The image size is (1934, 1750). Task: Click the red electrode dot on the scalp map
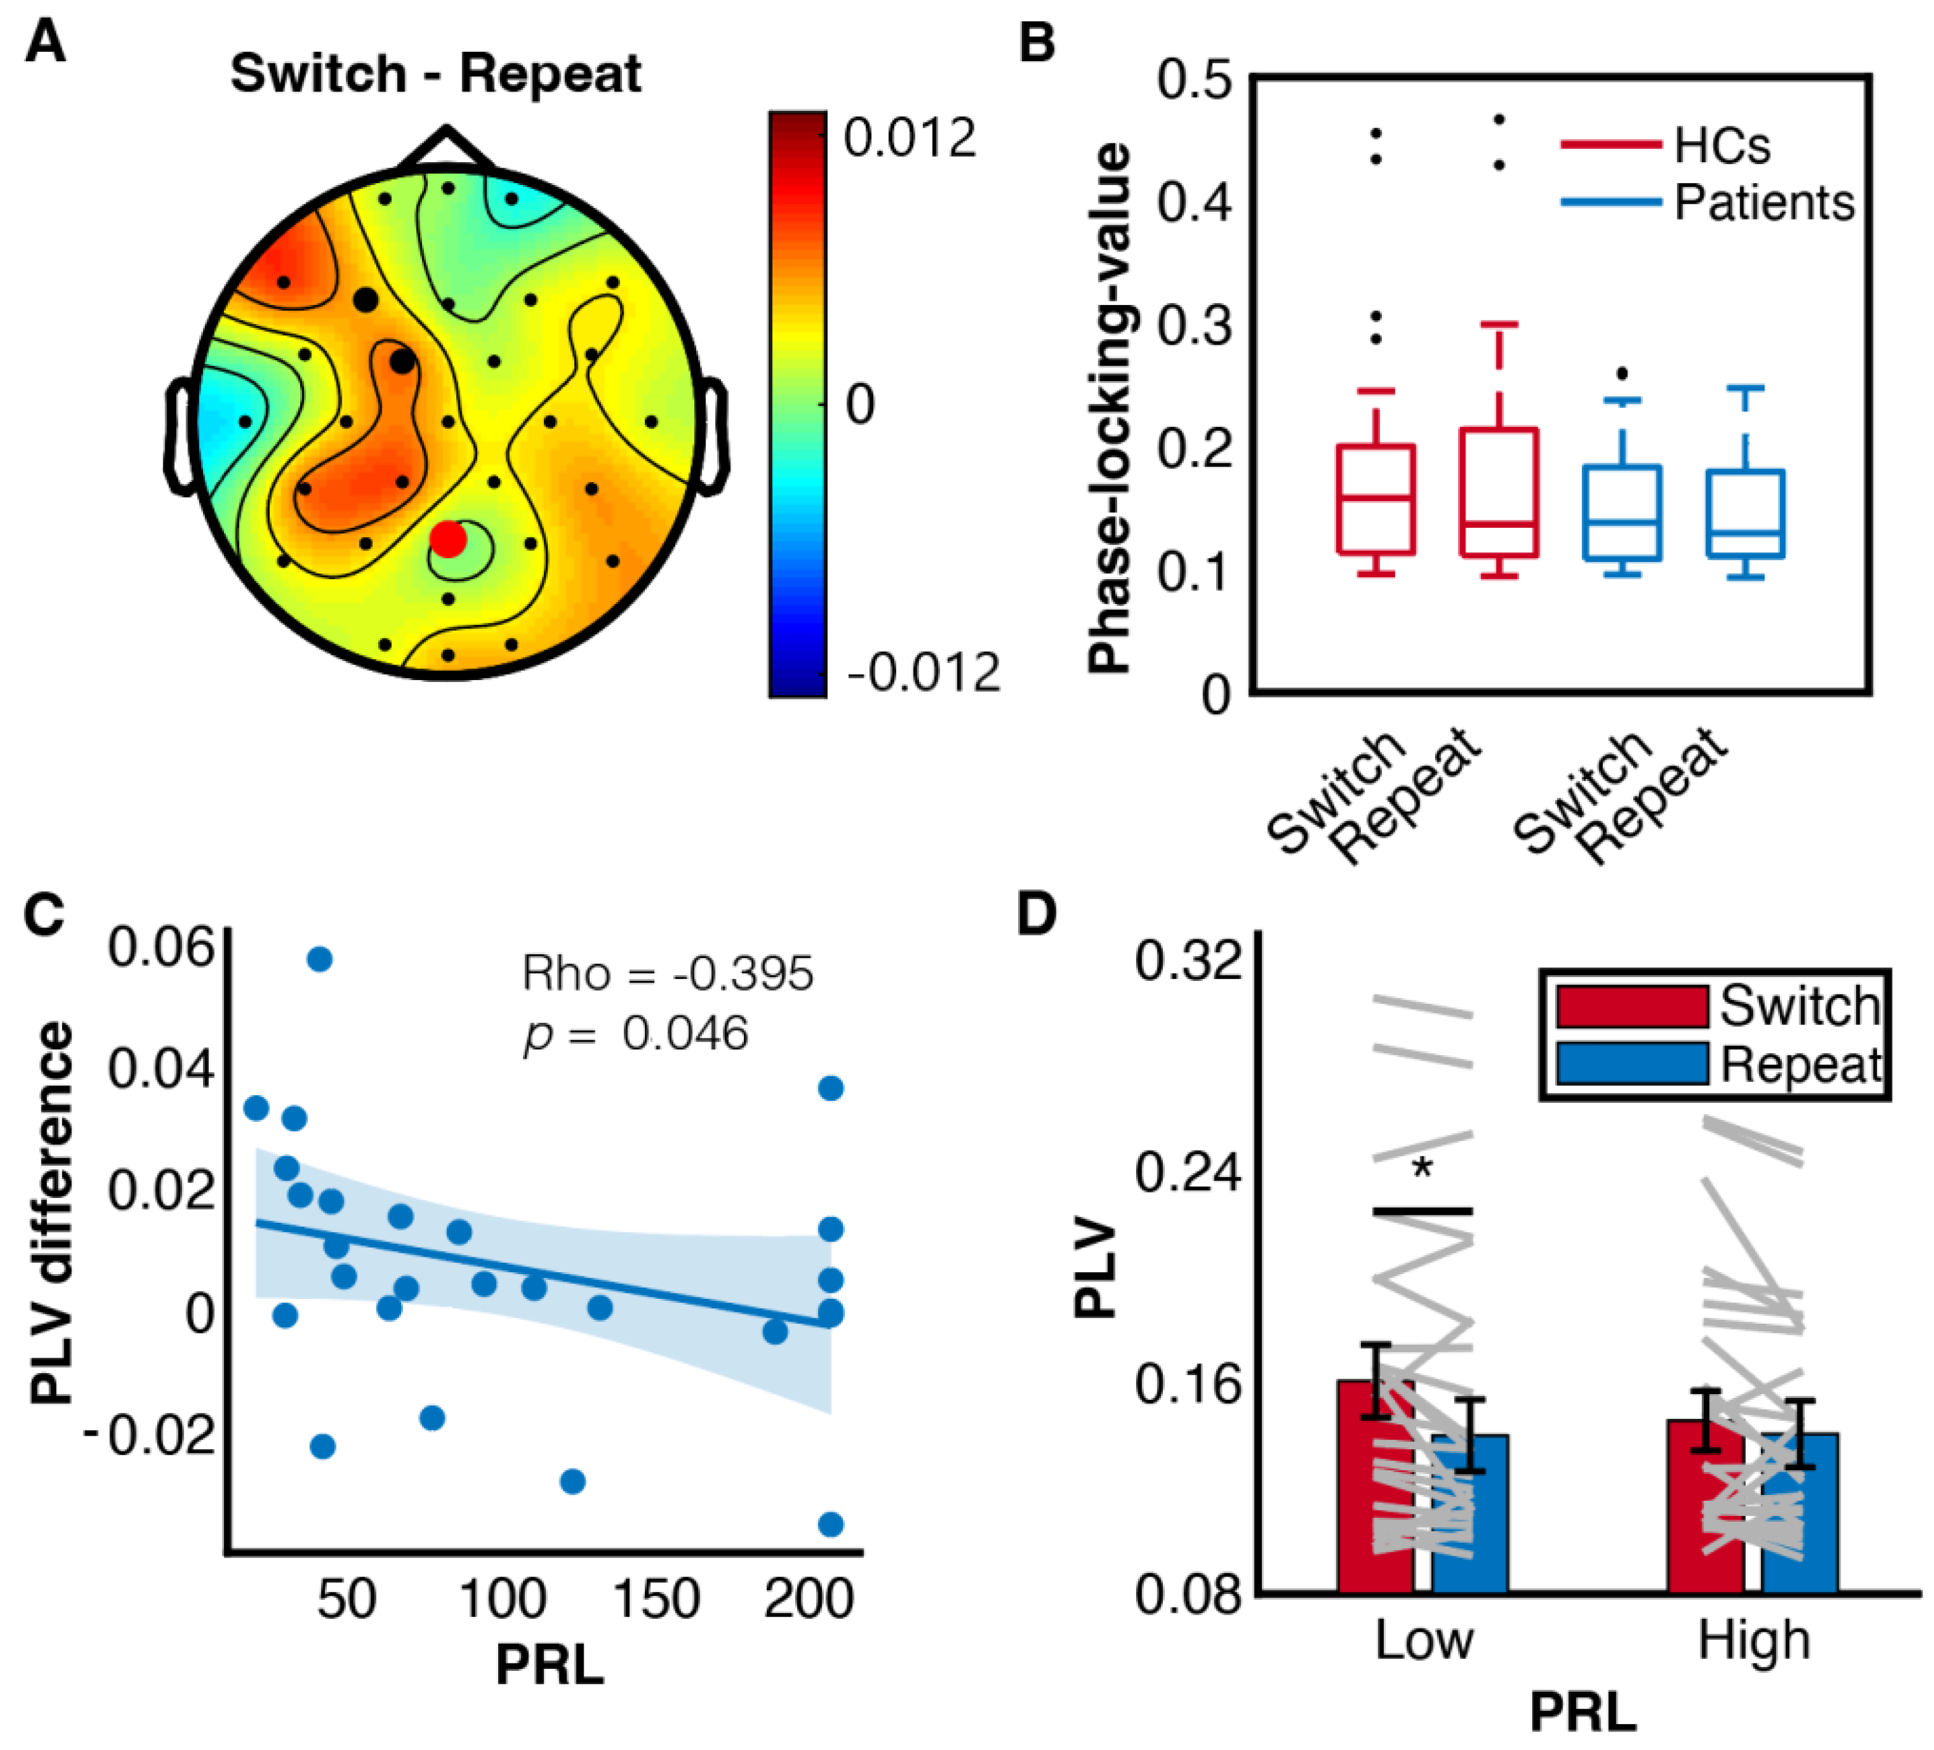pyautogui.click(x=448, y=539)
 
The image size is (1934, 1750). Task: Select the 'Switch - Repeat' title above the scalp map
pyautogui.click(x=436, y=74)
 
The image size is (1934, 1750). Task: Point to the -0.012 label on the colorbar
pyautogui.click(x=923, y=673)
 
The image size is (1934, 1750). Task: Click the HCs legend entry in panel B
pyautogui.click(x=1722, y=146)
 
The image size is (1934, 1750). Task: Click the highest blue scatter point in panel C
pyautogui.click(x=319, y=959)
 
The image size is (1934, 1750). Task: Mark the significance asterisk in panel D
pyautogui.click(x=1423, y=1168)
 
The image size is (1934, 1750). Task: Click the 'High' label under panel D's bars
pyautogui.click(x=1754, y=1640)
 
